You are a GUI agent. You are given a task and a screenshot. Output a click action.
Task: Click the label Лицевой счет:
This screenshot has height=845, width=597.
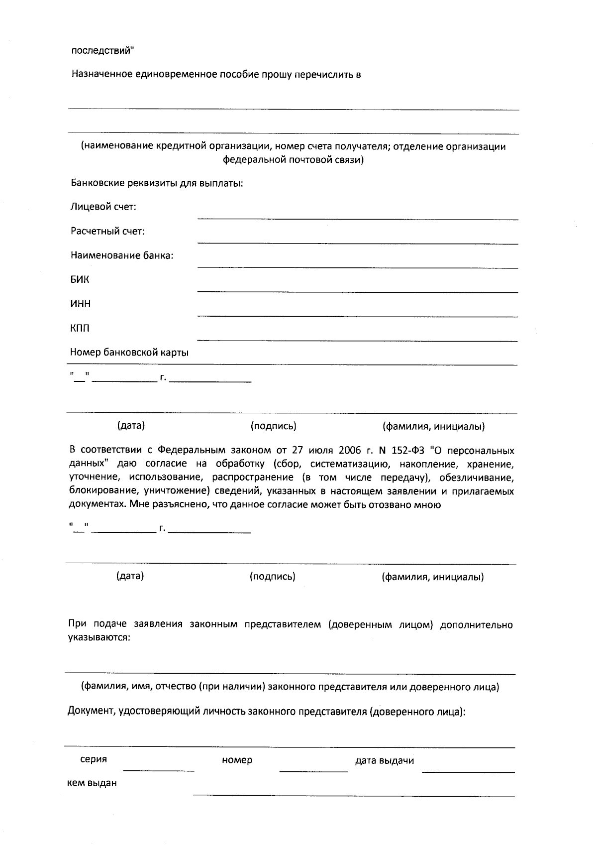tap(103, 207)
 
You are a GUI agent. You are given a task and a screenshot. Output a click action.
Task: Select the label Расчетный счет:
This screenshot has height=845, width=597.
tap(108, 232)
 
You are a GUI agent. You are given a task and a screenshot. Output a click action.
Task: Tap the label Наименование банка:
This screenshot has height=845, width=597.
tap(122, 256)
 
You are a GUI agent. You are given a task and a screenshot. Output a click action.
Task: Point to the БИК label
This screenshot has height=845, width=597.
tap(80, 280)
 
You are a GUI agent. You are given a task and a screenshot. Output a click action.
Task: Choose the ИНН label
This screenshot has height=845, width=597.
tap(80, 304)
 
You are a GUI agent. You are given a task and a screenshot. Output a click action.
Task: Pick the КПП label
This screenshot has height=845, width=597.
tap(80, 329)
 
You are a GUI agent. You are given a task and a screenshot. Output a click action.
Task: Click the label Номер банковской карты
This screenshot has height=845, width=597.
tap(129, 353)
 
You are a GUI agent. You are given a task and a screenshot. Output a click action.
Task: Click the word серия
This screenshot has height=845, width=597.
tap(94, 760)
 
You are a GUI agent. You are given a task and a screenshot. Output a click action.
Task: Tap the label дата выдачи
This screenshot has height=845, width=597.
tap(384, 761)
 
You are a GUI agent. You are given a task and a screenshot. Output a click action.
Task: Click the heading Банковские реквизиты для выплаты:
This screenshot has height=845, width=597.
tap(157, 183)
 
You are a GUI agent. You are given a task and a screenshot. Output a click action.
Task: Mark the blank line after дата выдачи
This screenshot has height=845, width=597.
tap(468, 771)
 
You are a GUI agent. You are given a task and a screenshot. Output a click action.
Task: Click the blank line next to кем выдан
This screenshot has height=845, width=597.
tap(353, 795)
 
